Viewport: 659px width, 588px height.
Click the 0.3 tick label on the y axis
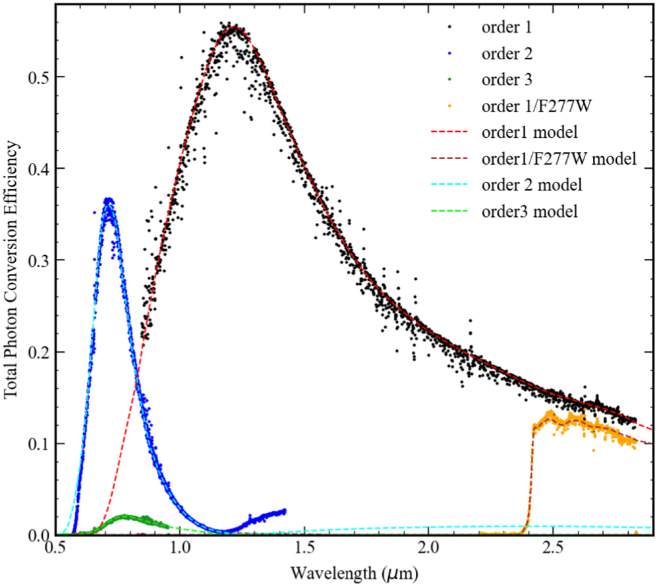[x=41, y=260]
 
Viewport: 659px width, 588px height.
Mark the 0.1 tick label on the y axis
[x=41, y=444]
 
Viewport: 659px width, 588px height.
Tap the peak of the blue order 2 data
[x=109, y=200]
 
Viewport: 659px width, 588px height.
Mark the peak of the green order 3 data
[x=124, y=516]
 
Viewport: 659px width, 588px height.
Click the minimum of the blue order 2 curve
[x=224, y=531]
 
